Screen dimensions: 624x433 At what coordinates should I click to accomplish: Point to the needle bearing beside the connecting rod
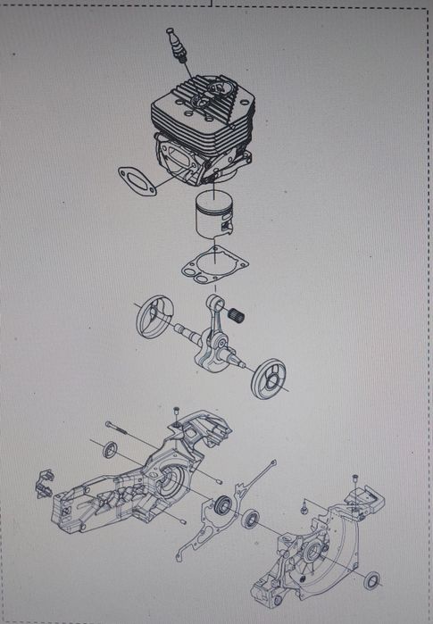[x=238, y=313]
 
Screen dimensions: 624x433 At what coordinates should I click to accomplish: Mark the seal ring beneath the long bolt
[x=111, y=449]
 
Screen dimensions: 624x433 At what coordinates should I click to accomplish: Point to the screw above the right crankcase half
[x=355, y=483]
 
